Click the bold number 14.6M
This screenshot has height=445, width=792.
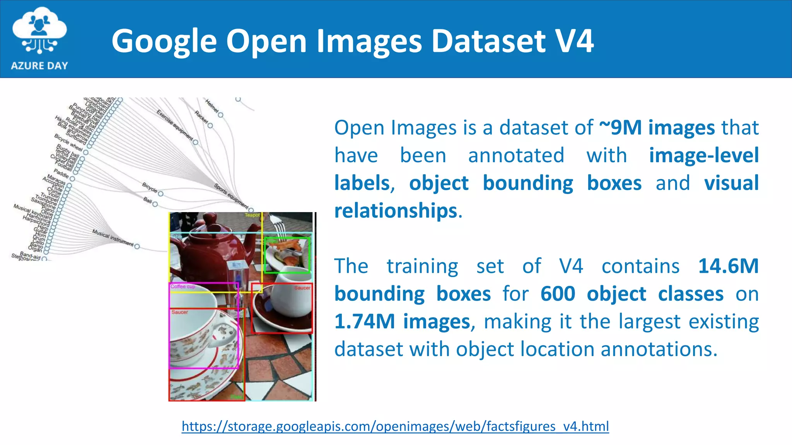tap(728, 266)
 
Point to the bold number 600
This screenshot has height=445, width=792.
tap(557, 294)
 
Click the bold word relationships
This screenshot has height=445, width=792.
tap(396, 211)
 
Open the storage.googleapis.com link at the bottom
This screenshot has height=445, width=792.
tap(395, 426)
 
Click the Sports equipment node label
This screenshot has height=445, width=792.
tap(231, 195)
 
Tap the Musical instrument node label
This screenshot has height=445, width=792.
tap(113, 238)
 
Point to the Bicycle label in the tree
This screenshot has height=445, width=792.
tap(150, 187)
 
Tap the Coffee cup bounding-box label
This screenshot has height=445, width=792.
tap(183, 287)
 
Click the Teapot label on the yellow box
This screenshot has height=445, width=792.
tap(252, 215)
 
